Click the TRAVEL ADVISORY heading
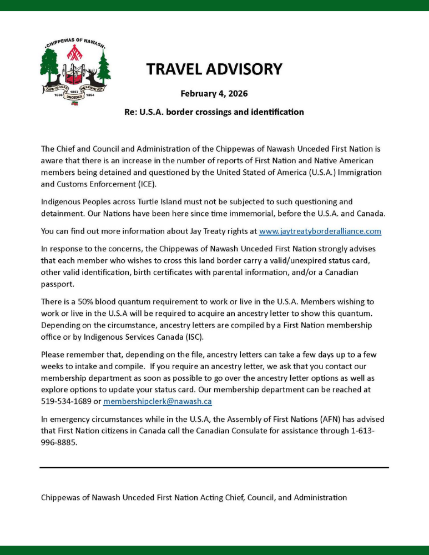[214, 69]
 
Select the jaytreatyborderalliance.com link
[320, 231]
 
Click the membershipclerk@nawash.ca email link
[157, 401]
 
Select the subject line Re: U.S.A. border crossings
[214, 112]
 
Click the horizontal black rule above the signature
[214, 467]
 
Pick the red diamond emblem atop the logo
[75, 54]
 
